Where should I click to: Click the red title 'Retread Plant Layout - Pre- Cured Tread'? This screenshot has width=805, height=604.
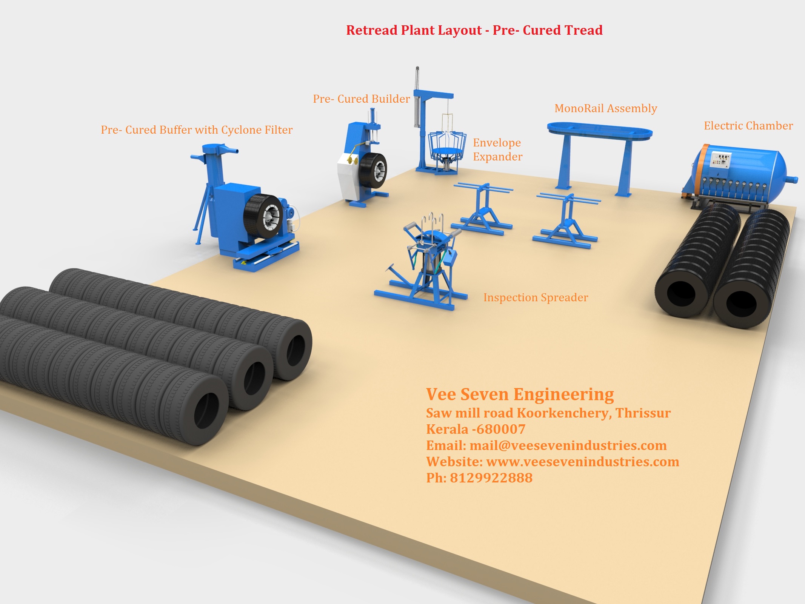pos(474,30)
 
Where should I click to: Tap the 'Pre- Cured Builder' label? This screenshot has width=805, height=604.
pos(361,99)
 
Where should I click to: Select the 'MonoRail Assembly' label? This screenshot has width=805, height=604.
pos(605,108)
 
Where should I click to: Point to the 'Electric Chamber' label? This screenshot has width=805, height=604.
pos(748,126)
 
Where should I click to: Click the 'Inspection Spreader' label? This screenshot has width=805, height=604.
pos(536,297)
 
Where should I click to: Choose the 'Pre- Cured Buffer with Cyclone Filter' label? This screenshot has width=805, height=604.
pos(196,130)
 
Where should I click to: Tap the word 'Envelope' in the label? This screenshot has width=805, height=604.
pos(497,143)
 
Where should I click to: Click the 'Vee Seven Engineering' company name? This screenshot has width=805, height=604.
pos(520,394)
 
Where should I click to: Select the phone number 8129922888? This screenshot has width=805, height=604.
pos(491,478)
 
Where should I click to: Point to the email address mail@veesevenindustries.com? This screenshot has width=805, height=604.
pos(568,445)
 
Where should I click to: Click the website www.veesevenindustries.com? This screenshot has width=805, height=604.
pos(582,462)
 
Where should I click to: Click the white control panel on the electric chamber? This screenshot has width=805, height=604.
pos(721,159)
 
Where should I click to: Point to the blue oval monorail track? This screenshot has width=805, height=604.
pos(600,130)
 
